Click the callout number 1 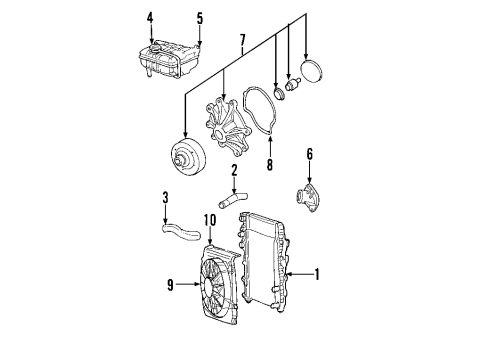tap(318, 273)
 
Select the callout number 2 tap(233, 170)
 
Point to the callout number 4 tap(150, 17)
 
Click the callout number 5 tap(199, 17)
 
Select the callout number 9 tap(172, 285)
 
